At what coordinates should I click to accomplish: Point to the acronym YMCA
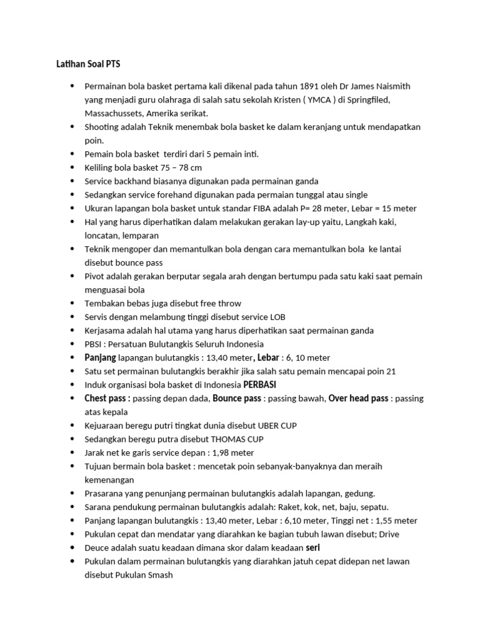(324, 100)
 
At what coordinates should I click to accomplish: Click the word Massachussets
(113, 113)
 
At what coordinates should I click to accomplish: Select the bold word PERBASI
(259, 384)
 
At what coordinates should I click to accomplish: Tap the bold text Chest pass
(107, 398)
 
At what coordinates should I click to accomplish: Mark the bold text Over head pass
(359, 398)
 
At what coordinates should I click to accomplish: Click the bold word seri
(314, 547)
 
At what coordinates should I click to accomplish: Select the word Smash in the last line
(159, 575)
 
